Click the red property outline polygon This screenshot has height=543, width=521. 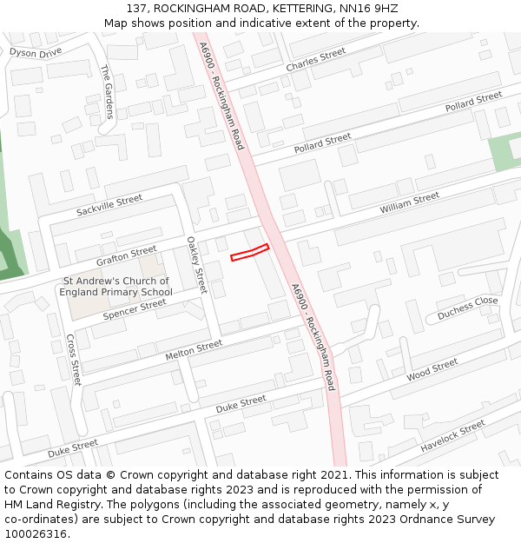point(250,252)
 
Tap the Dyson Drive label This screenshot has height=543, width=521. point(36,52)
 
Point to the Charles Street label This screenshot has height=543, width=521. point(315,60)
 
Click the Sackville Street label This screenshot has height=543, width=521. point(109,206)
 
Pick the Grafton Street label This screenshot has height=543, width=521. point(127,255)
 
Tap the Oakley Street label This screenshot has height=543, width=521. point(197,267)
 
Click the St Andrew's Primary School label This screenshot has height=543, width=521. point(115,287)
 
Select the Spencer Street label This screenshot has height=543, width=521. point(135,309)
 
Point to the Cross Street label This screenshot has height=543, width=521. point(74,360)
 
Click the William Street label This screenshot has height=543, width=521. point(409,204)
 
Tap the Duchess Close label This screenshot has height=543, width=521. point(467,307)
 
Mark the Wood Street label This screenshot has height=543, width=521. point(432,369)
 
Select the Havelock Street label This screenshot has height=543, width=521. point(452,436)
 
